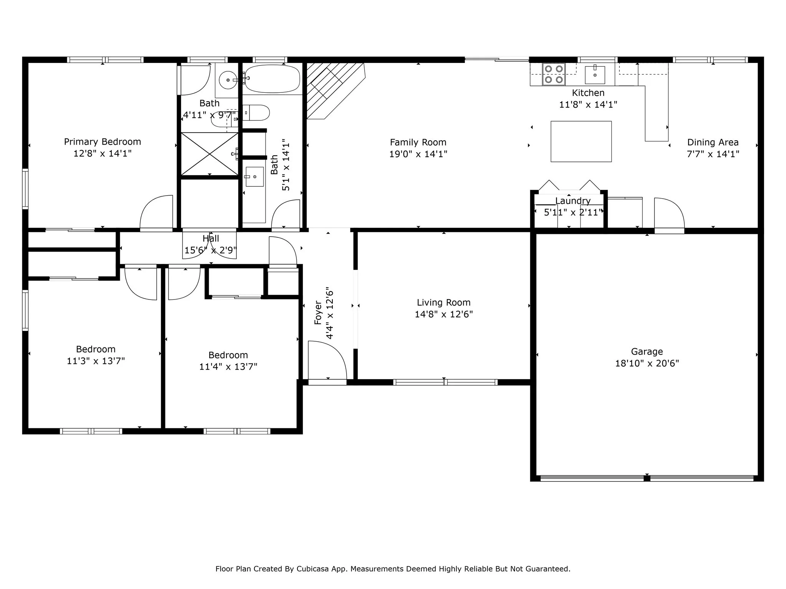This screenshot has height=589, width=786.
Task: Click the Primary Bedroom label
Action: coord(102,142)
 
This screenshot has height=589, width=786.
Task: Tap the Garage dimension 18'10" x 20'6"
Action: coord(647,363)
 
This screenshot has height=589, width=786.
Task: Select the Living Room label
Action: coord(444,303)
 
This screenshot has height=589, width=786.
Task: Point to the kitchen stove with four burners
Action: coord(554,74)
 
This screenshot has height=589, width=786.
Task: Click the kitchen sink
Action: coord(595,75)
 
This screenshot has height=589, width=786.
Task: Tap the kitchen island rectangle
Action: coord(581,141)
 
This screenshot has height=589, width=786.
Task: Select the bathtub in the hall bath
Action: coord(272,79)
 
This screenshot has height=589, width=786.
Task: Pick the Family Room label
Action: coord(418,143)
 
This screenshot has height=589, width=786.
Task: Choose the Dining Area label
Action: coord(713,143)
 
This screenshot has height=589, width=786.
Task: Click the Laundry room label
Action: coord(573,201)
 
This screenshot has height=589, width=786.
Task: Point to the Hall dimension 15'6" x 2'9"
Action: coord(211,250)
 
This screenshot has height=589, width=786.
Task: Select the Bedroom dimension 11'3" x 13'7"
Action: coord(96,361)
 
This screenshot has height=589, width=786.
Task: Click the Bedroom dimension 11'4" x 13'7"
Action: coord(228,367)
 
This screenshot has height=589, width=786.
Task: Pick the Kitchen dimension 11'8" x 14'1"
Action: coord(588,104)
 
